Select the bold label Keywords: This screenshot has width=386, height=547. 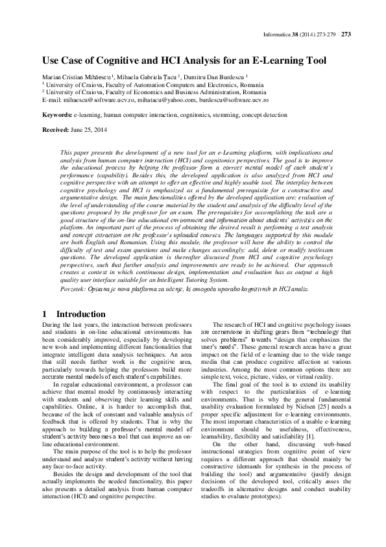coord(56,114)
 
